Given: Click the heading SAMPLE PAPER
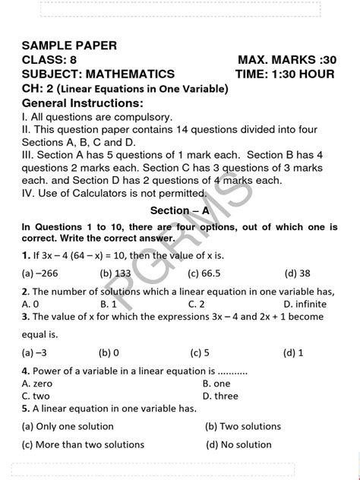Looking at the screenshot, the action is point(70,46).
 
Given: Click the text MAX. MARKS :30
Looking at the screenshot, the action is point(286,60).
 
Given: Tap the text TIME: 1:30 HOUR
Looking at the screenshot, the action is point(286,74).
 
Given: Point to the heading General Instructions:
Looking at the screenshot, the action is point(82,103).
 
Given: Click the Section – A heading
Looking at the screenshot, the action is point(179,210).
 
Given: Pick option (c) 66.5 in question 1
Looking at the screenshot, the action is point(204,273).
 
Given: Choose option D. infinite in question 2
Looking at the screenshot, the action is point(305,304).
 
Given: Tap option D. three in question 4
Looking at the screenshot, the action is point(220,396).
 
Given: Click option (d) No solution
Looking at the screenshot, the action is point(238,445).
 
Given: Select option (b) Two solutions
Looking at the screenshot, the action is point(243,427).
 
